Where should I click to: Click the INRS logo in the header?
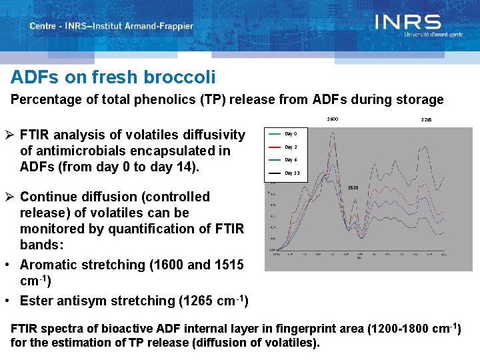pos(407,23)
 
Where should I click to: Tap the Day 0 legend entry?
pos(291,133)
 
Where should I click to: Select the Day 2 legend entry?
pos(291,147)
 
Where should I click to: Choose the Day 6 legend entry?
pos(291,160)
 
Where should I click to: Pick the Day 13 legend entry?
pos(292,173)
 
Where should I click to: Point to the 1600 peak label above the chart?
pos(332,119)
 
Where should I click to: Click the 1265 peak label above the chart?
pos(426,120)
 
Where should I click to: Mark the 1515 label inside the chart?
pos(353,188)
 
